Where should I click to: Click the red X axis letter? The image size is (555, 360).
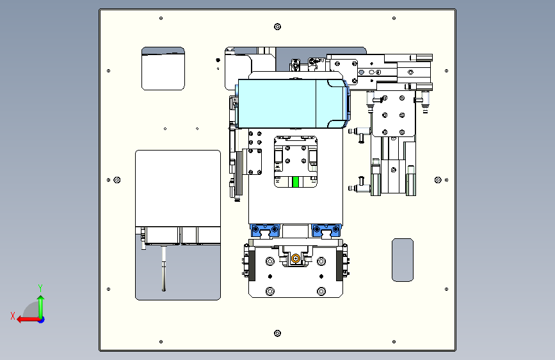click(x=13, y=316)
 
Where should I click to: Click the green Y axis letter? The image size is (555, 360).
click(x=40, y=288)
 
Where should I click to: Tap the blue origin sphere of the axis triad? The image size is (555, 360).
click(x=42, y=320)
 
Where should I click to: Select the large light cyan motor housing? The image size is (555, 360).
click(x=293, y=104)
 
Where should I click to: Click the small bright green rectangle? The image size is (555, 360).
click(x=296, y=182)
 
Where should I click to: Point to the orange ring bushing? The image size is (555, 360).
click(x=296, y=259)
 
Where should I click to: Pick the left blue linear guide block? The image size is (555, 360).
click(x=265, y=231)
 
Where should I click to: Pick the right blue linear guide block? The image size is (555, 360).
click(x=326, y=231)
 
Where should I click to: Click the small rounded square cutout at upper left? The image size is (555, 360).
click(x=163, y=69)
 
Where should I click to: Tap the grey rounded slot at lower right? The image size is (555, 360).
click(x=403, y=260)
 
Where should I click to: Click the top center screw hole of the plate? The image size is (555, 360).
click(x=278, y=26)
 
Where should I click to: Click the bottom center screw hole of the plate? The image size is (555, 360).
click(x=278, y=334)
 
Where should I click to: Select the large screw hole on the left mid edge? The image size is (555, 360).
click(x=117, y=180)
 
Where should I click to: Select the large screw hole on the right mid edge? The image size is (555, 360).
click(x=438, y=180)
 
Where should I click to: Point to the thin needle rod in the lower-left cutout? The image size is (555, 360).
click(x=163, y=268)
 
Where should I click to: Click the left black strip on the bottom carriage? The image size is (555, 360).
click(x=252, y=266)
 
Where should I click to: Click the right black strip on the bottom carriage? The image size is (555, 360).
click(x=339, y=266)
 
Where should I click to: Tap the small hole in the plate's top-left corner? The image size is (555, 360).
click(x=161, y=18)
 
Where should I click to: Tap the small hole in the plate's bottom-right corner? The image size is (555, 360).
click(x=394, y=342)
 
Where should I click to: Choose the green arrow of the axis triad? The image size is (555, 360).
click(x=41, y=307)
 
